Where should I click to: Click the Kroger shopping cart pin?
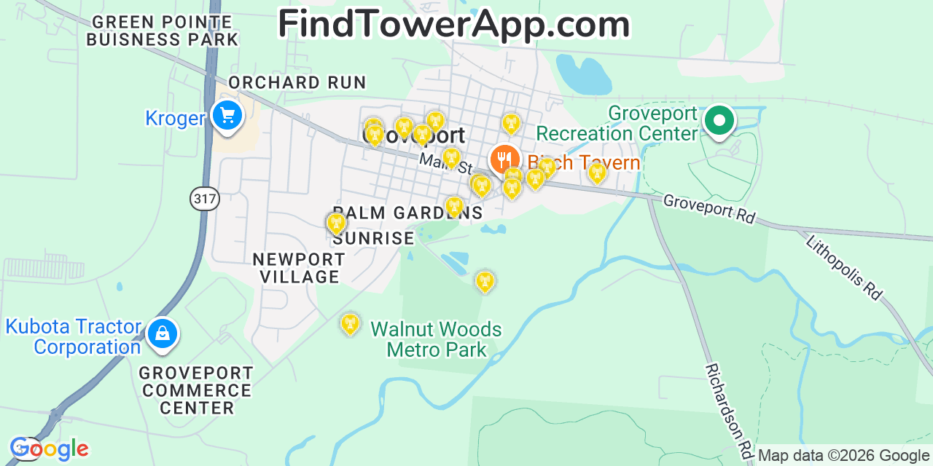[x=227, y=115]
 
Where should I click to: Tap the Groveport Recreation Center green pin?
[x=719, y=120]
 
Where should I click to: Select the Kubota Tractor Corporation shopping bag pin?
[x=162, y=333]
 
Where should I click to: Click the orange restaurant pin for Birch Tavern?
[x=504, y=159]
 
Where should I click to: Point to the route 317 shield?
[x=206, y=199]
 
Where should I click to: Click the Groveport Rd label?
[x=708, y=208]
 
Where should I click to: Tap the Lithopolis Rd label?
[x=844, y=266]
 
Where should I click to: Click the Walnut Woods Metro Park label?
[x=436, y=339]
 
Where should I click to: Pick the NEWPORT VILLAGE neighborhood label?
[x=299, y=268]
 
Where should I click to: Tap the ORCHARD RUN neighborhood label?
[x=297, y=83]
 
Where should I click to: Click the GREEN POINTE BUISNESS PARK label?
[x=162, y=30]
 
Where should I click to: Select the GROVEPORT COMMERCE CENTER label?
[x=197, y=391]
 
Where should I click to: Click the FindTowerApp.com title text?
[x=453, y=25]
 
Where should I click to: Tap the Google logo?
[x=49, y=449]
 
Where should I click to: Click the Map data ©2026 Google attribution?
[x=843, y=456]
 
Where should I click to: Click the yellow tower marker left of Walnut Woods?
[x=351, y=324]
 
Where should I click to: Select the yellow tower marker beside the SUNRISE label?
[x=335, y=224]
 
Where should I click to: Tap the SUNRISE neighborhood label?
[x=373, y=239]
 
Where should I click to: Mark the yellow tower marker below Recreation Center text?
[x=597, y=173]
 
